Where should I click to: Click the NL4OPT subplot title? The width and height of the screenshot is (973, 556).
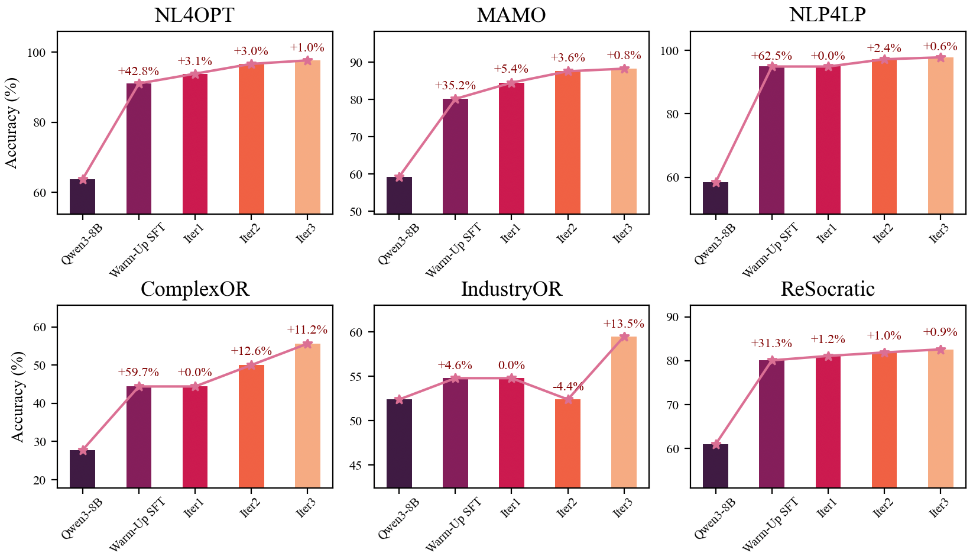tap(194, 15)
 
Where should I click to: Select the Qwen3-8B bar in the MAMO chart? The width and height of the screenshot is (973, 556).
tap(399, 195)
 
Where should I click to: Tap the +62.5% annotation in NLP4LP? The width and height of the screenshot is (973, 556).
tap(771, 56)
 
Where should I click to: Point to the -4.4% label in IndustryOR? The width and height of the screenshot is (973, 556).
tap(567, 387)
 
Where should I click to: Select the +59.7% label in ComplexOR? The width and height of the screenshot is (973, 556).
tap(138, 373)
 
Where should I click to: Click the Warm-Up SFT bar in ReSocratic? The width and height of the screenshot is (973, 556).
tap(771, 424)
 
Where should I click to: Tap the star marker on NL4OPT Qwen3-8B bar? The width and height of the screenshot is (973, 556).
tap(83, 179)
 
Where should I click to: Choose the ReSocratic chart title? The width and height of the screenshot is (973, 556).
tap(828, 289)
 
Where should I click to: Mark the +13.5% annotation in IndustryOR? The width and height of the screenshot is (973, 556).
tap(624, 324)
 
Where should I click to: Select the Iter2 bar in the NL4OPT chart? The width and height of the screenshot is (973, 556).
tap(251, 138)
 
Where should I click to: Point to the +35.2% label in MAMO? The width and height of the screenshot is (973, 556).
tap(455, 86)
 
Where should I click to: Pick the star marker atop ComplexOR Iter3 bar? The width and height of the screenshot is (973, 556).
tap(307, 344)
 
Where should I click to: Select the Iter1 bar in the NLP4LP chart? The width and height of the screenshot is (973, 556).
tap(828, 140)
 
